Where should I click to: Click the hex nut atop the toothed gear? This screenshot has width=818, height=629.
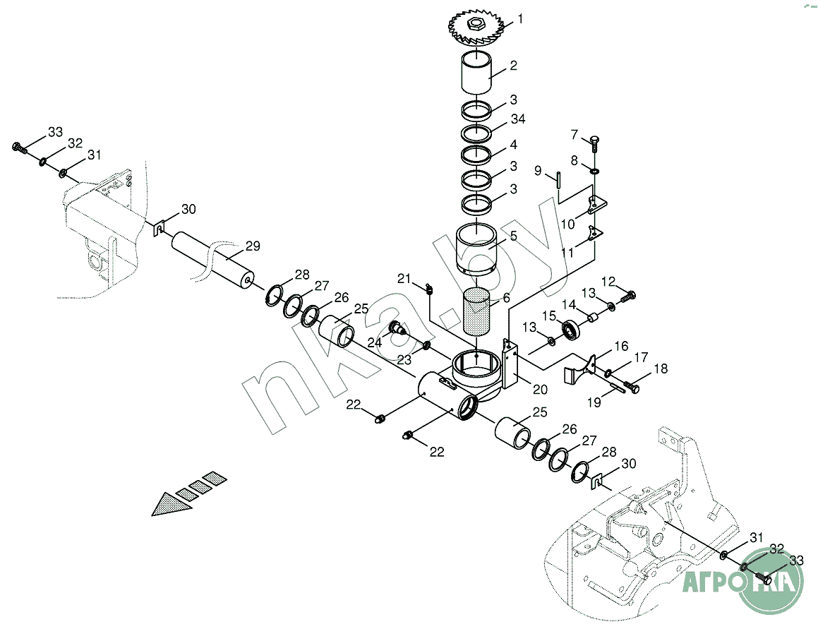[x=476, y=23]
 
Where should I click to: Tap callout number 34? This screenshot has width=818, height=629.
[x=517, y=119]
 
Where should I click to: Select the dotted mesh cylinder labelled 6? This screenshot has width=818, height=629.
[x=476, y=310]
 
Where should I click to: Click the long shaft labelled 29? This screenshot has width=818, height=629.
[x=213, y=259]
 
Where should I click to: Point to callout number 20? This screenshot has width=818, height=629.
[x=540, y=390]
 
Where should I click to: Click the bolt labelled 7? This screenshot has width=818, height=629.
[x=595, y=143]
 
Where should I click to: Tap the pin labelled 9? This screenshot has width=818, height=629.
[x=558, y=179]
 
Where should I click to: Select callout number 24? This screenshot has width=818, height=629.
[x=375, y=342]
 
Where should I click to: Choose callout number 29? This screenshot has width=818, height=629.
[x=253, y=246]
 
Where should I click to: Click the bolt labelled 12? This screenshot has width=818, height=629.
[x=627, y=297]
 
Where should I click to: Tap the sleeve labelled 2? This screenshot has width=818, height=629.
[x=476, y=71]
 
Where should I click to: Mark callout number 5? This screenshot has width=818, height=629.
[x=513, y=236]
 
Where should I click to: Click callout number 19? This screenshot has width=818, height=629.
[x=594, y=402]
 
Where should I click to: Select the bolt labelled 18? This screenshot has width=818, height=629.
[x=631, y=388]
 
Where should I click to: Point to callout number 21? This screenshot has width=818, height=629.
[x=404, y=279]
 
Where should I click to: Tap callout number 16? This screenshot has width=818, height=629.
[x=621, y=346]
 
